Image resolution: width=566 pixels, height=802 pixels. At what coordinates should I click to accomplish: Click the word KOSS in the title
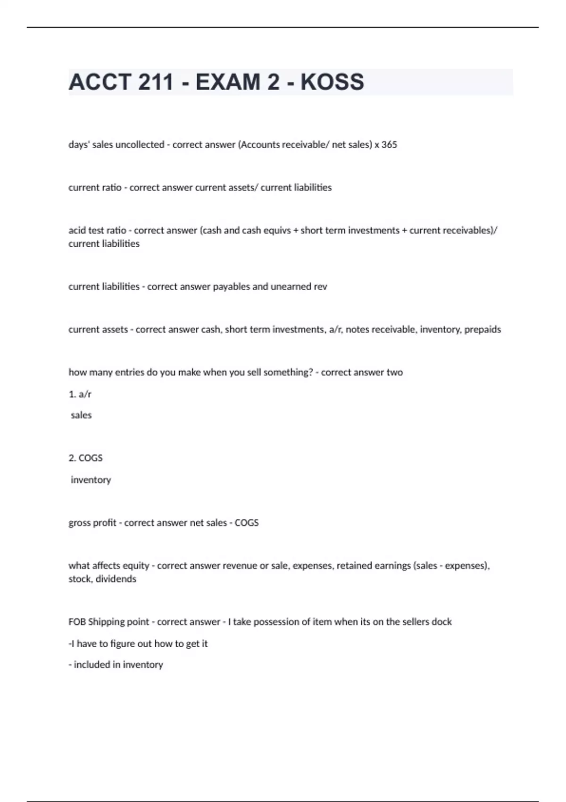pyautogui.click(x=332, y=82)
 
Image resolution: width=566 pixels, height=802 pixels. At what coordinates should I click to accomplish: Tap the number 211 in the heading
pyautogui.click(x=156, y=82)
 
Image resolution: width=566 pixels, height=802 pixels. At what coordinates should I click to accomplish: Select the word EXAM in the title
pyautogui.click(x=228, y=82)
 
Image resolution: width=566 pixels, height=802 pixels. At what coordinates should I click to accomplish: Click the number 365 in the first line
pyautogui.click(x=389, y=145)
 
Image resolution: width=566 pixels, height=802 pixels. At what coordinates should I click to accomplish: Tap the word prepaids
pyautogui.click(x=483, y=329)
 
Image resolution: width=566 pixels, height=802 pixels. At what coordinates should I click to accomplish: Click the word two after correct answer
pyautogui.click(x=394, y=372)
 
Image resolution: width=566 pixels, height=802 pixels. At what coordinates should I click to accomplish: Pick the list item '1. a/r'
pyautogui.click(x=80, y=394)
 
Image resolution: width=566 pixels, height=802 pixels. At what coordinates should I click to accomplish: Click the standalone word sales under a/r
pyautogui.click(x=81, y=415)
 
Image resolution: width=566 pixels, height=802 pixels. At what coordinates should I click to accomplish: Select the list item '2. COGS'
pyautogui.click(x=85, y=458)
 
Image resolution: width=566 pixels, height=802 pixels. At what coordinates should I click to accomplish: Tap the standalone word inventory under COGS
pyautogui.click(x=91, y=480)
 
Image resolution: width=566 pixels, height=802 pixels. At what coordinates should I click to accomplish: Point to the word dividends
pyautogui.click(x=116, y=579)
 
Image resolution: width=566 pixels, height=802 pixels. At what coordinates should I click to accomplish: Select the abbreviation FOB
pyautogui.click(x=77, y=622)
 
